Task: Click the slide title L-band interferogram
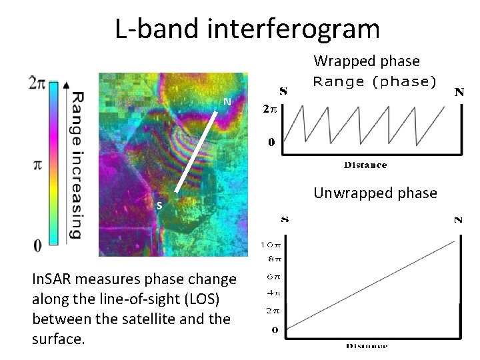(247, 29)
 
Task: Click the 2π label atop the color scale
(38, 83)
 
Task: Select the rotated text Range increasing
(77, 165)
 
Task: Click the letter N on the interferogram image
(227, 102)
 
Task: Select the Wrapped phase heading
(367, 61)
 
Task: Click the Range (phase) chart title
(374, 82)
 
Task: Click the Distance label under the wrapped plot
(365, 165)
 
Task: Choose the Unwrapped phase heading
(375, 193)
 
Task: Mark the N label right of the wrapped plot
(459, 92)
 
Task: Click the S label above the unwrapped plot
(284, 219)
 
